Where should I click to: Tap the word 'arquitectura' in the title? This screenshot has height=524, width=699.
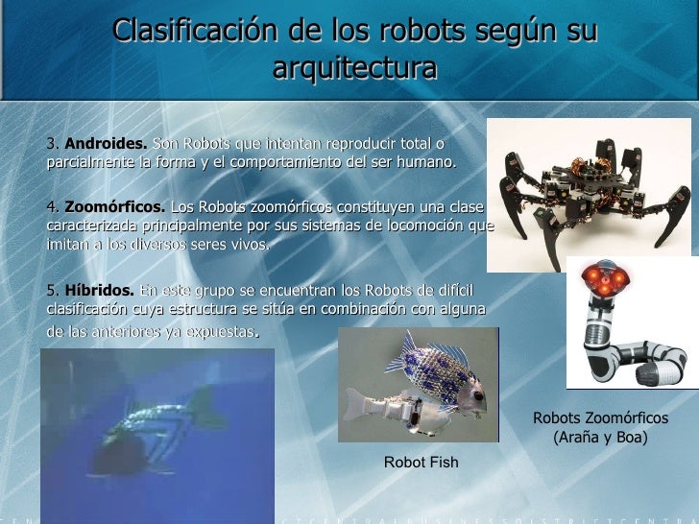354,68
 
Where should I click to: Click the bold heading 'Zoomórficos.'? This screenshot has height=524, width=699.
114,208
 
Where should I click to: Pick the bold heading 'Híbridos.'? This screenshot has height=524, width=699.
99,291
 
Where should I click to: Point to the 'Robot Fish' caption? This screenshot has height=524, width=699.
421,463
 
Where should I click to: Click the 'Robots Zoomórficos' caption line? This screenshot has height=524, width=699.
601,418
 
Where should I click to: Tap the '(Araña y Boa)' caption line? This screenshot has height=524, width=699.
601,438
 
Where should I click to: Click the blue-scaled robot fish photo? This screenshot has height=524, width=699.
419,384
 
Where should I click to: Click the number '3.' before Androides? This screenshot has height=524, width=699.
53,143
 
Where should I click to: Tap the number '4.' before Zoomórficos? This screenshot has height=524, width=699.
53,208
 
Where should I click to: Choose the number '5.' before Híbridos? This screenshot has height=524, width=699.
53,291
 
